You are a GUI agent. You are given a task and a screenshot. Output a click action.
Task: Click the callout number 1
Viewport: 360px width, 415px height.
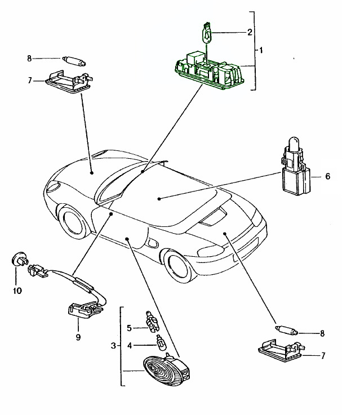pos(261,50)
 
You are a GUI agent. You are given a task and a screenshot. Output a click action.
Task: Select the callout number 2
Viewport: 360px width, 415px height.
pos(250,32)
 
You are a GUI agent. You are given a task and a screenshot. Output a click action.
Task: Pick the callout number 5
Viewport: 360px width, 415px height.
pos(129,328)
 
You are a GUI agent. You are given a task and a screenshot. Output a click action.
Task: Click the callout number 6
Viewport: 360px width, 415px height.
pos(327,176)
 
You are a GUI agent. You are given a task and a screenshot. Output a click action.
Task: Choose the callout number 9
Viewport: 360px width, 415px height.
pos(78,337)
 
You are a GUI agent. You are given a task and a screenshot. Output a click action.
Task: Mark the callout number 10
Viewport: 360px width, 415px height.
pos(17,291)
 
